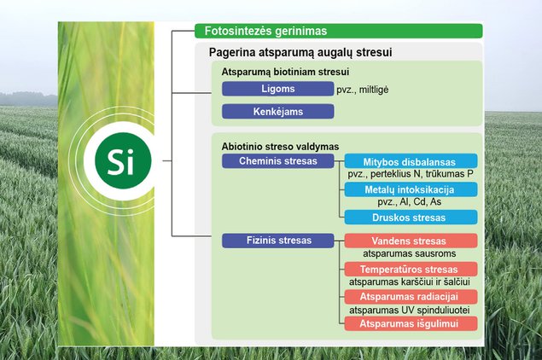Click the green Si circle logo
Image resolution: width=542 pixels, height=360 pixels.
(x=123, y=160)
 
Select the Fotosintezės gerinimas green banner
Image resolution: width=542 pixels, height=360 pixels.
(x=338, y=31)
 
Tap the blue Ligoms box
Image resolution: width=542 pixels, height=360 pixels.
(x=278, y=89)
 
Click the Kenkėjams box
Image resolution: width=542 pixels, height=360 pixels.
(x=278, y=112)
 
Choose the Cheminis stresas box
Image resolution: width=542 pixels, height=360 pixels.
(x=278, y=161)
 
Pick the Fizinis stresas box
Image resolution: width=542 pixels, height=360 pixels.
(x=278, y=241)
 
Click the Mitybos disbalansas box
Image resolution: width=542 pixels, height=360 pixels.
(x=411, y=161)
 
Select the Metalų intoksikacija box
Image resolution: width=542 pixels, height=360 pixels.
(x=411, y=189)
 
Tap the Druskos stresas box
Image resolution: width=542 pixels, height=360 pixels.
(x=411, y=218)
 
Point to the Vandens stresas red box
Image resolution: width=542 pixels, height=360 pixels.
(x=411, y=241)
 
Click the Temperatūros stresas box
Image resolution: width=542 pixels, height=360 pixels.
(x=411, y=269)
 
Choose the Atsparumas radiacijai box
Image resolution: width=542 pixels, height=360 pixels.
(x=411, y=297)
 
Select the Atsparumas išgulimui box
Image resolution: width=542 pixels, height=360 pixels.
(x=411, y=323)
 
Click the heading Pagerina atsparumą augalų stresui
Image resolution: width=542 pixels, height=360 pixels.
(x=300, y=53)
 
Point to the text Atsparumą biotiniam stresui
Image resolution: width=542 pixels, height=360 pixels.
(x=285, y=72)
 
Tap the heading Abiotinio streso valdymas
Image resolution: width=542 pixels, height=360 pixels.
(x=280, y=147)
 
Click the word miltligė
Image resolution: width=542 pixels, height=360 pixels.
(x=374, y=90)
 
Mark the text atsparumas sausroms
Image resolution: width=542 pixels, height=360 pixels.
(x=409, y=253)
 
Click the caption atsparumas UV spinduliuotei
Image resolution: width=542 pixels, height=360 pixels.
(x=409, y=311)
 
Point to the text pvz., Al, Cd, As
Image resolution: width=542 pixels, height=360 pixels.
(x=409, y=202)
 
